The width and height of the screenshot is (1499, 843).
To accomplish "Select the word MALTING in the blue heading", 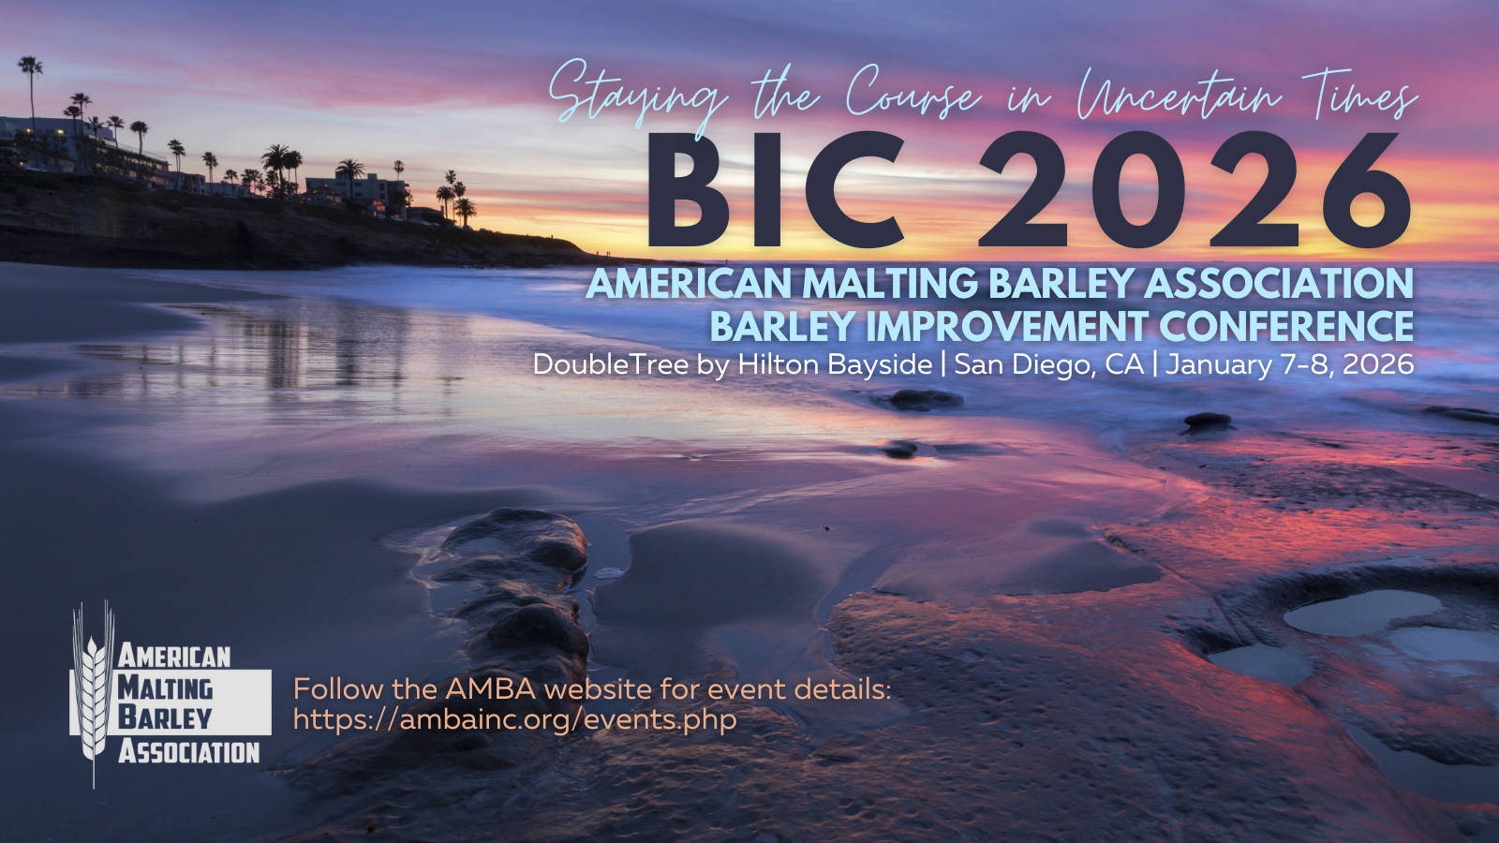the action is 890,284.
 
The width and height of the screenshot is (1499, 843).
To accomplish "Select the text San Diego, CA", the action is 1048,364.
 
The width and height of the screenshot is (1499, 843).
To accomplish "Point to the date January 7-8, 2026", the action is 1289,364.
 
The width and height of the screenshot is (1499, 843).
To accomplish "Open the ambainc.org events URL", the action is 514,720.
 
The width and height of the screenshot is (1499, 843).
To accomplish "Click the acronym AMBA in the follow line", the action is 491,689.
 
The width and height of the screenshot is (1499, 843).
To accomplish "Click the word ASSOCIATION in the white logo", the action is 188,753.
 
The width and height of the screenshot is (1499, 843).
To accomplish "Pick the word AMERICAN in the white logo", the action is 174,656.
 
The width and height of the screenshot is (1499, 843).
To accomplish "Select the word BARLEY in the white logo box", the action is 165,717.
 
